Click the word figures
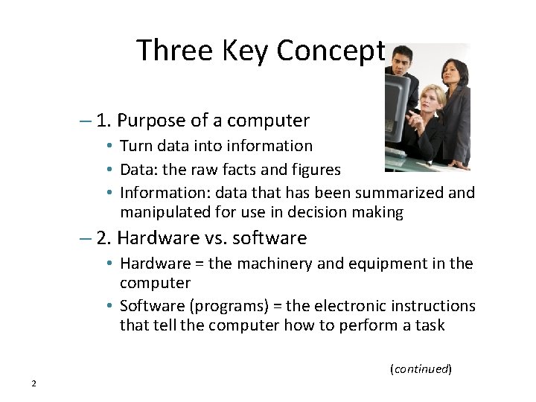tap(314, 170)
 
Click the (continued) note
tap(421, 368)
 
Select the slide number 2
tap(34, 383)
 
